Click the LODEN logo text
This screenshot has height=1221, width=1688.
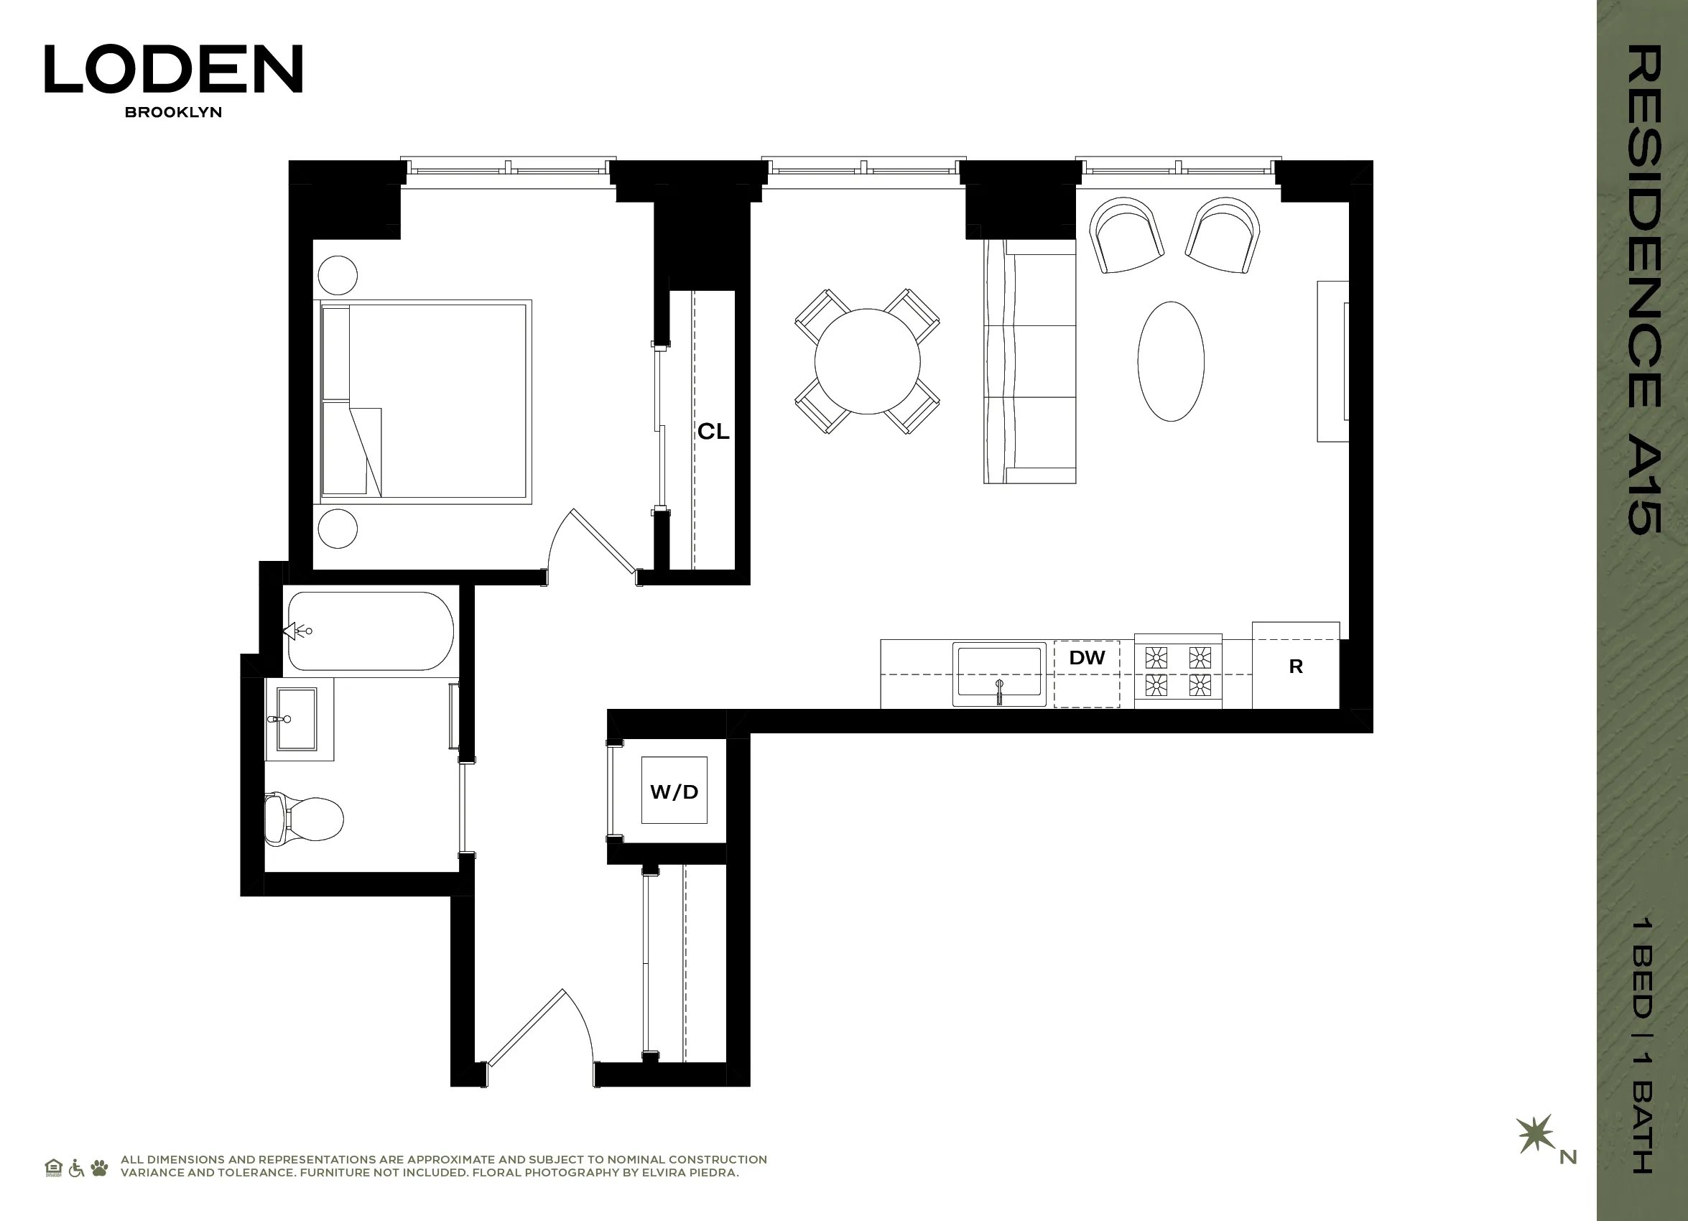tap(173, 69)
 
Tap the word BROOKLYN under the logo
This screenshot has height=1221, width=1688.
tap(173, 112)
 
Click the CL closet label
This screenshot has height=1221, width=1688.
tap(713, 432)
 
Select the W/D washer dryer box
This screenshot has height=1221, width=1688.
tap(674, 790)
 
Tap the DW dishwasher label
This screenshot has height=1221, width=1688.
tap(1087, 658)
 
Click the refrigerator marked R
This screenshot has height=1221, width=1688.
tap(1295, 667)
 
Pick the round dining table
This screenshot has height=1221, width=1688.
tap(867, 361)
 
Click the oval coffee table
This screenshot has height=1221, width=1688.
tap(1171, 361)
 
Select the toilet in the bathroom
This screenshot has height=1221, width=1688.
tap(305, 819)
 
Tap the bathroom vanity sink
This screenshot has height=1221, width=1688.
tap(296, 719)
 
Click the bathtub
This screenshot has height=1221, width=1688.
tap(371, 631)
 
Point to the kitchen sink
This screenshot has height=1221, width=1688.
tap(999, 674)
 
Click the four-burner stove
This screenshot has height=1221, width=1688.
tap(1177, 670)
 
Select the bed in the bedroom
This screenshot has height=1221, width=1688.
tap(426, 401)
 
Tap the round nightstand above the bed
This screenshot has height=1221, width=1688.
tap(337, 275)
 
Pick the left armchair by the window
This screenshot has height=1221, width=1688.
tap(1126, 235)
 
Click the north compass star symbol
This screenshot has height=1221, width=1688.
tap(1536, 1134)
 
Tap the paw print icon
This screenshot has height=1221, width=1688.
tap(99, 1167)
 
